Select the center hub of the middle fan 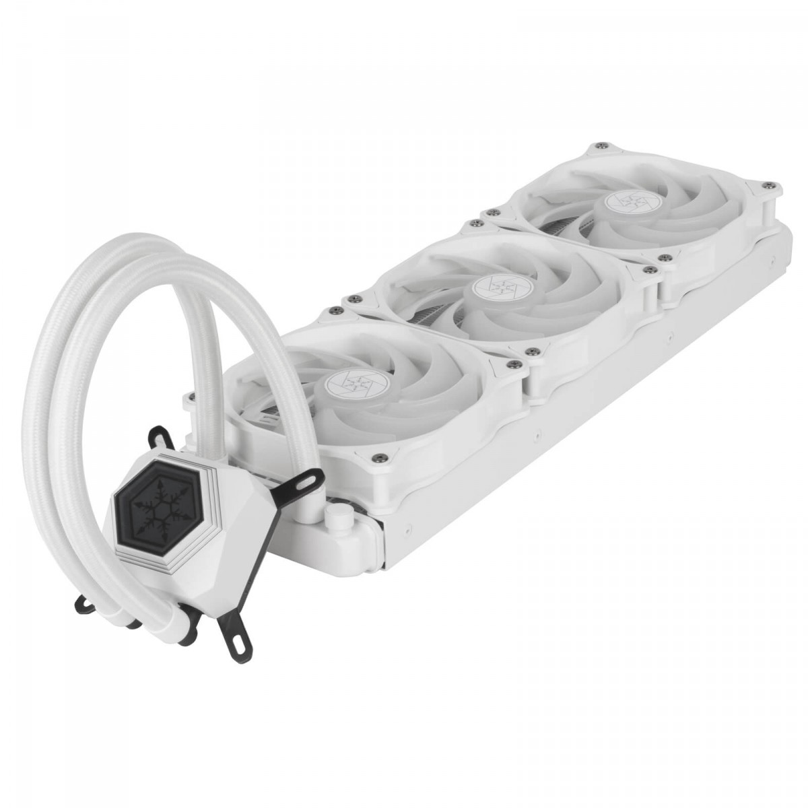point(501,285)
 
